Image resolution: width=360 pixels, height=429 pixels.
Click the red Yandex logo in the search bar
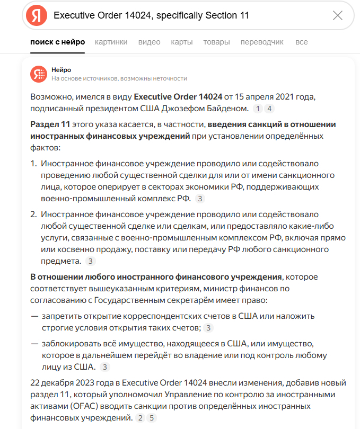coord(37,15)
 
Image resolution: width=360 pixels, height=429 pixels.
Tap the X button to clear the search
coord(338,15)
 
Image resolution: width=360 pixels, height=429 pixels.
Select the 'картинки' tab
coord(111,42)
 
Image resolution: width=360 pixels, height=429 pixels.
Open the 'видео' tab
coord(149,42)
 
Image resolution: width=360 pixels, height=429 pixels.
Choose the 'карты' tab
coord(182,42)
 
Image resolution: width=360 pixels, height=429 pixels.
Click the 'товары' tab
coord(216,42)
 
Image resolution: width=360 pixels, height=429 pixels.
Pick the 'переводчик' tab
coord(262,42)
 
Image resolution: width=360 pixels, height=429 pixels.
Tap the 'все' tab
coord(302,42)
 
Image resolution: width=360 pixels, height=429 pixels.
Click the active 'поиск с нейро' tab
coord(58,42)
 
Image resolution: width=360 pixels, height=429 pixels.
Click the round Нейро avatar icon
coord(38,74)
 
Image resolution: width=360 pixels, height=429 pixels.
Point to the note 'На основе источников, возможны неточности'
coord(119,78)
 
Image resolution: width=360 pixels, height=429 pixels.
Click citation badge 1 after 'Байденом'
coord(258,109)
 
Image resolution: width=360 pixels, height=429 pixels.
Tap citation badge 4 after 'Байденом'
coord(269,109)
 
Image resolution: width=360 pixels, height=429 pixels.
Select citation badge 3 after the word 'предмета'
coord(91,261)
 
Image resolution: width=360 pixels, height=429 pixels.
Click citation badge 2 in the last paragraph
coord(140,418)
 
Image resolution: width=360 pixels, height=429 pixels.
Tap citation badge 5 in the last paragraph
coord(152,418)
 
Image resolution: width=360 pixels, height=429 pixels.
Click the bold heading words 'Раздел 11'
coord(50,125)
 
